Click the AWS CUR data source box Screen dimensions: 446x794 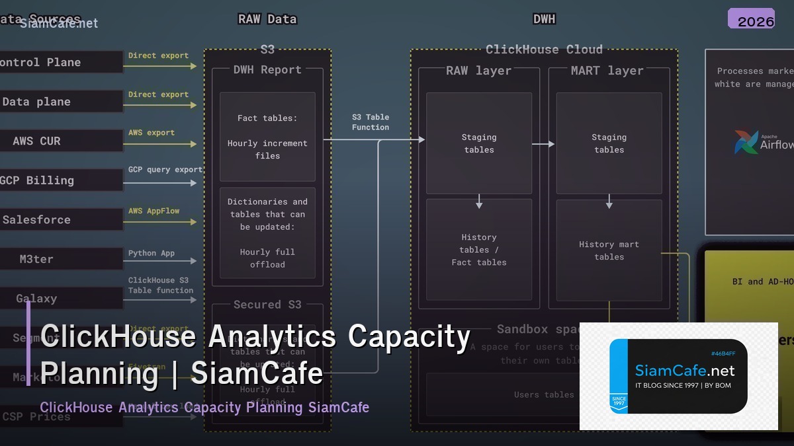pyautogui.click(x=60, y=141)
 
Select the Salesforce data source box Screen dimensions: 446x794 pyautogui.click(x=60, y=219)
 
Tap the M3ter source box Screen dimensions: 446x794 pyautogui.click(x=60, y=259)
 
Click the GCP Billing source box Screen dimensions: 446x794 pyautogui.click(x=60, y=180)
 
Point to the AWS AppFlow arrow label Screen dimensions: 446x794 pyautogui.click(x=154, y=211)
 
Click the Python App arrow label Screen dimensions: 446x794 pyautogui.click(x=152, y=253)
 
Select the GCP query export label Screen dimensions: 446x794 pyautogui.click(x=165, y=170)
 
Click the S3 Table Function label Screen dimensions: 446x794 pyautogui.click(x=371, y=122)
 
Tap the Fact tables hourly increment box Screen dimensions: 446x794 pyautogui.click(x=267, y=137)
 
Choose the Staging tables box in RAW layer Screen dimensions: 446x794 pyautogui.click(x=478, y=143)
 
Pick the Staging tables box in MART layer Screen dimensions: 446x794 pyautogui.click(x=609, y=143)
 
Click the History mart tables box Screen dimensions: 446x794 pyautogui.click(x=609, y=250)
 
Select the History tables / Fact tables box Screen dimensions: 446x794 pyautogui.click(x=478, y=250)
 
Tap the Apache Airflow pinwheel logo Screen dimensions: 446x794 pyautogui.click(x=746, y=142)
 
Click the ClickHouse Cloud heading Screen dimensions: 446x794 pyautogui.click(x=544, y=50)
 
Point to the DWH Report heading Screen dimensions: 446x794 pyautogui.click(x=267, y=70)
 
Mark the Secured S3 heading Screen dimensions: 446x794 pyautogui.click(x=267, y=305)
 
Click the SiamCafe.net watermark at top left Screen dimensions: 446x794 pyautogui.click(x=59, y=24)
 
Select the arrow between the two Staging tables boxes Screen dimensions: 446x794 pyautogui.click(x=543, y=143)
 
